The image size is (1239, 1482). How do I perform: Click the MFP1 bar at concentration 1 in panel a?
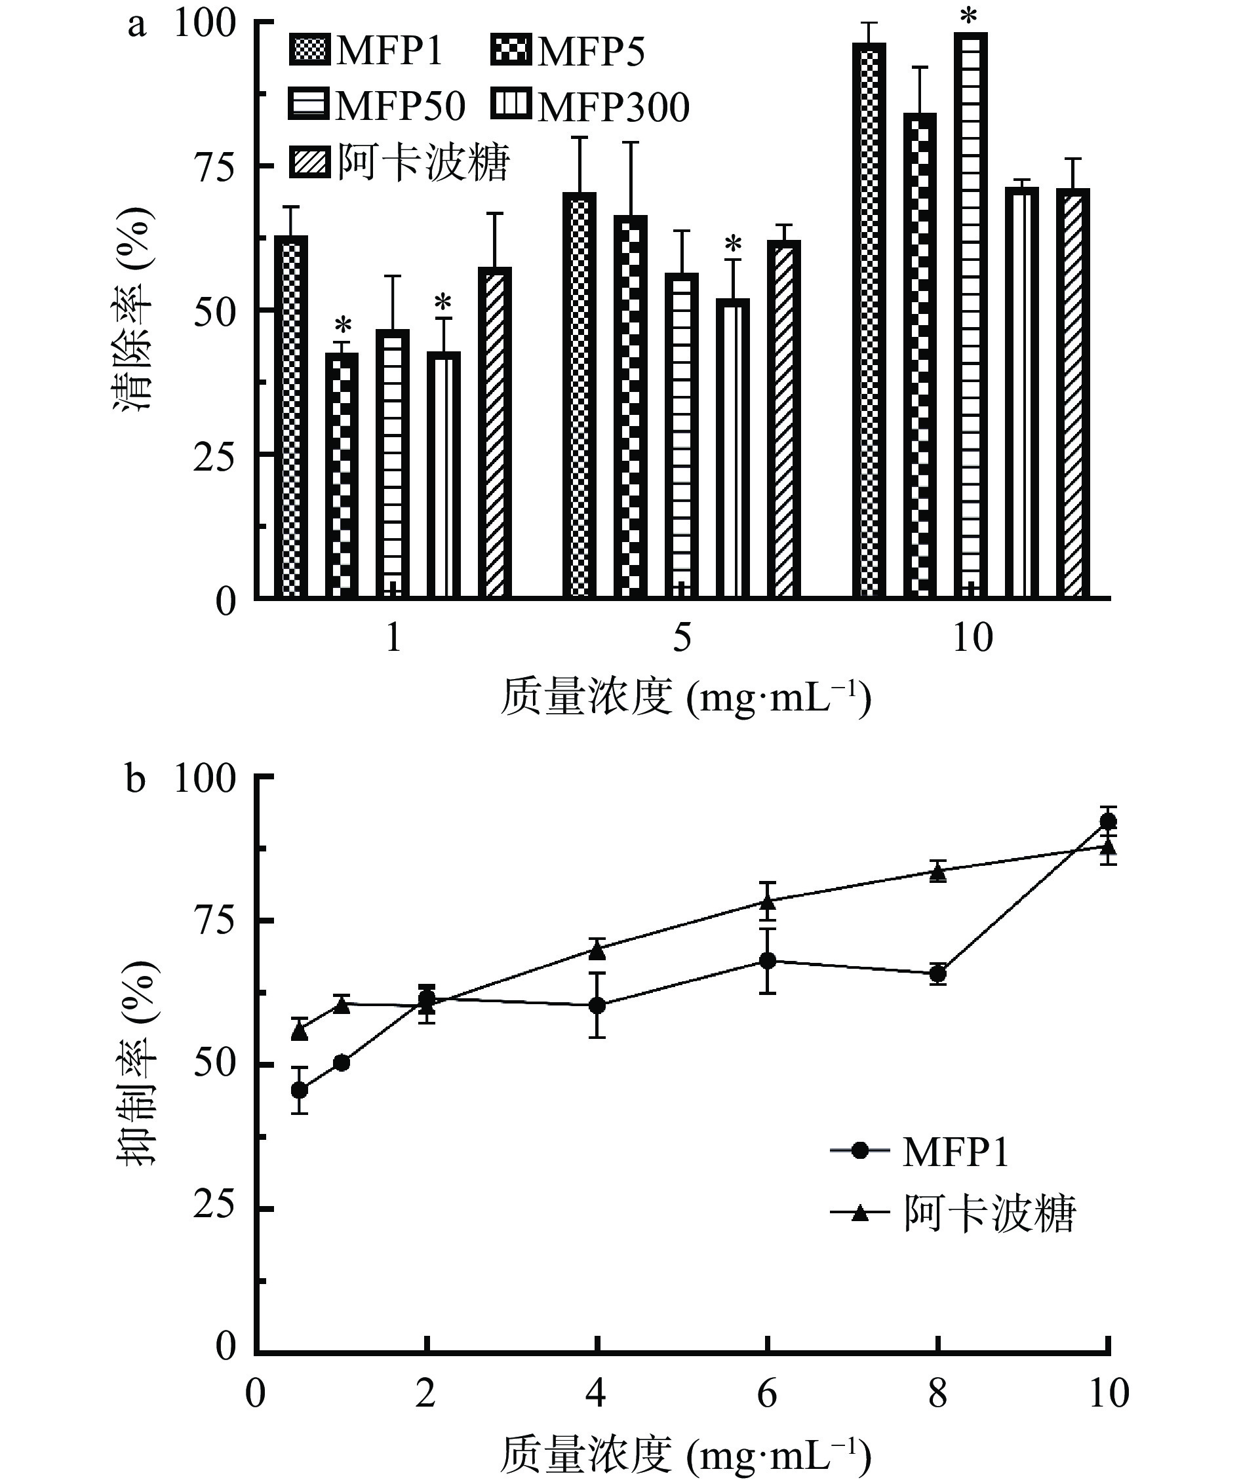click(x=294, y=416)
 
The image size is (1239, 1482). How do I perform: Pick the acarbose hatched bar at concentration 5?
click(x=783, y=419)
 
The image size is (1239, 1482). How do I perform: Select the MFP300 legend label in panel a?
click(x=613, y=107)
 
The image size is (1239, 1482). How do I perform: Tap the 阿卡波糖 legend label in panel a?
click(x=423, y=163)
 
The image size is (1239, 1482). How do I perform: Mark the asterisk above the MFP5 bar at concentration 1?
click(x=342, y=326)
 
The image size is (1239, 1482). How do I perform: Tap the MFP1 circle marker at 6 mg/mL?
click(x=768, y=960)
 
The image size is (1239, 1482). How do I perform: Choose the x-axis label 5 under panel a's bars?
click(x=682, y=638)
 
